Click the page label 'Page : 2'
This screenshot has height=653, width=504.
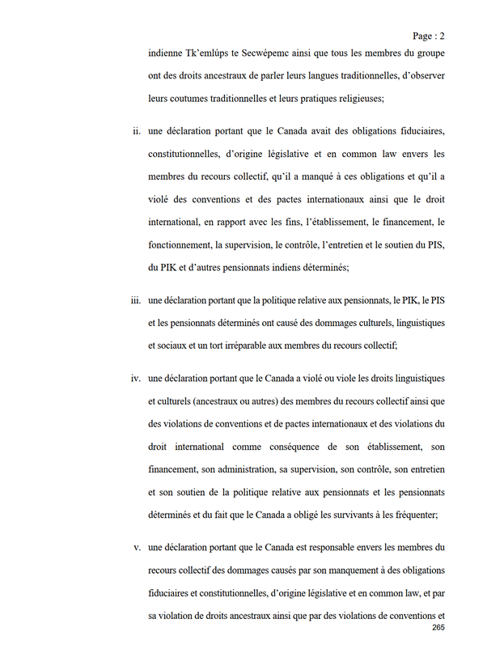point(428,36)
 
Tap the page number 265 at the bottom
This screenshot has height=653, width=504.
point(438,628)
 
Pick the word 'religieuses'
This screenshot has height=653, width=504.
point(354,99)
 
